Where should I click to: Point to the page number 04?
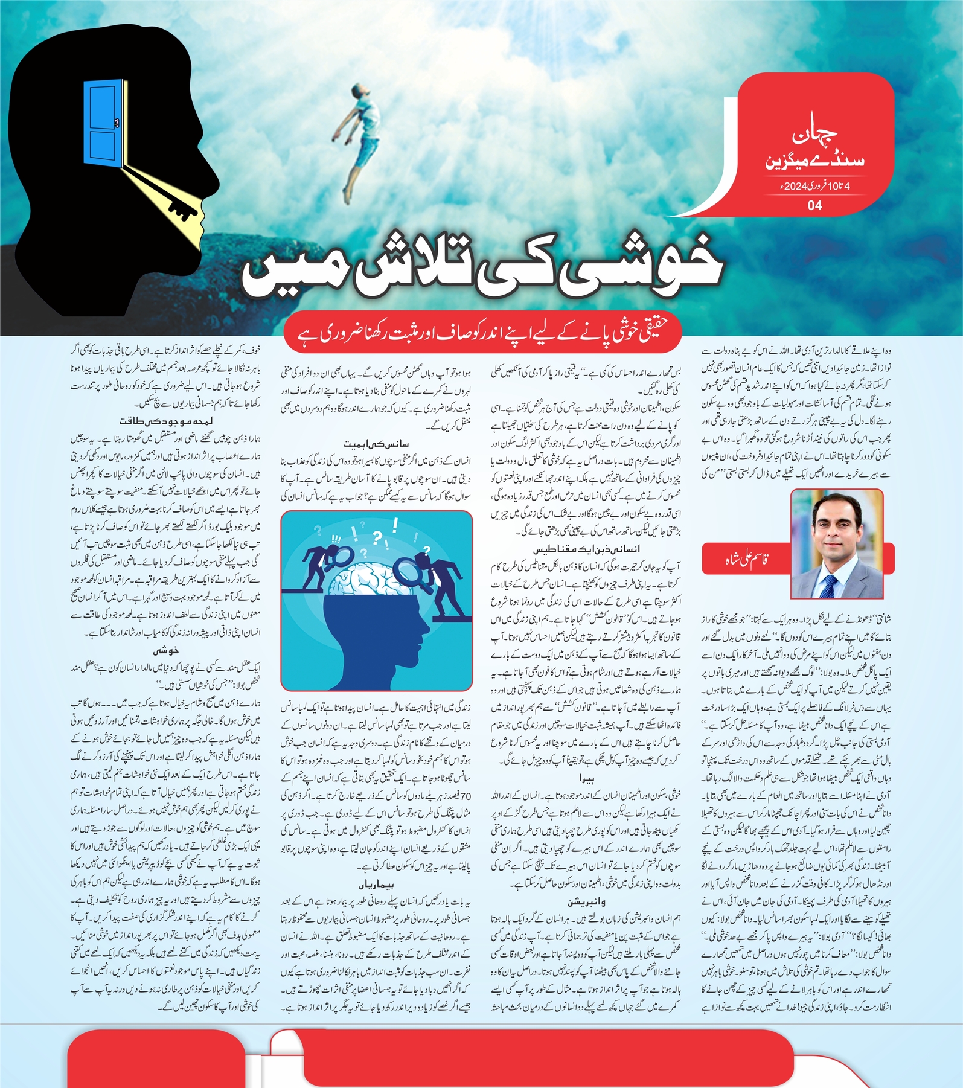pos(814,205)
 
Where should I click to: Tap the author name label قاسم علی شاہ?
pos(746,560)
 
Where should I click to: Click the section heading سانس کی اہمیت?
pos(376,444)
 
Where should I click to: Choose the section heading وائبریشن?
pos(586,902)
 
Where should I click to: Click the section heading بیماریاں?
pos(376,885)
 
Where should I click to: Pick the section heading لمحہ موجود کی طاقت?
pos(165,421)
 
